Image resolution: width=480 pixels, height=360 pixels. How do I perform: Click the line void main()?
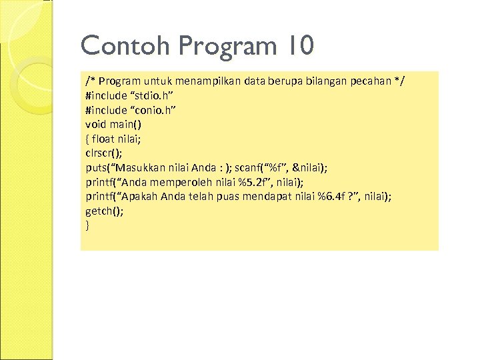pyautogui.click(x=113, y=124)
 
